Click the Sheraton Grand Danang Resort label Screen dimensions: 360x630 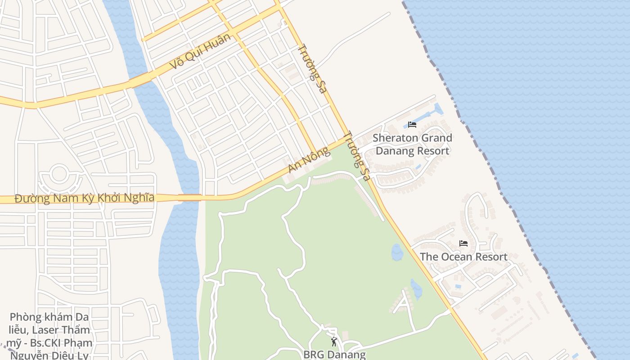click(412, 144)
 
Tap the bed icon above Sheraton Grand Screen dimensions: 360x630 click(412, 125)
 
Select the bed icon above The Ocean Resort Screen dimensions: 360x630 click(463, 243)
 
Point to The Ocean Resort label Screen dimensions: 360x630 click(463, 257)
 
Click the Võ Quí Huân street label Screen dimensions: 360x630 click(201, 51)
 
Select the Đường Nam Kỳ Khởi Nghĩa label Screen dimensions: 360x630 click(85, 198)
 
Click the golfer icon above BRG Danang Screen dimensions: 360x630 click(334, 342)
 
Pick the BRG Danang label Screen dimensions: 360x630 click(334, 354)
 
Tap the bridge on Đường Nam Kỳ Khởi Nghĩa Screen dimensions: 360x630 click(189, 197)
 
